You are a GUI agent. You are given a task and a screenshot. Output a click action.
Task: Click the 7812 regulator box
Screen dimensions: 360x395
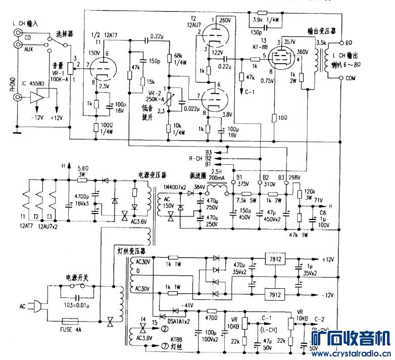coord(276,259)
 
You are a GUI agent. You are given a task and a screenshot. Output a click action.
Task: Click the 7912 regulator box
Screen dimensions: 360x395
coord(276,294)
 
